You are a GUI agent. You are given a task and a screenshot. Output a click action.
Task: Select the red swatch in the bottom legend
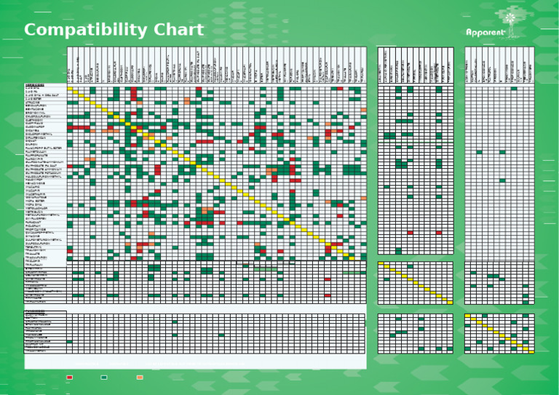point(70,378)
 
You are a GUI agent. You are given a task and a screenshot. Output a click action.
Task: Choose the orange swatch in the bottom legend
point(140,378)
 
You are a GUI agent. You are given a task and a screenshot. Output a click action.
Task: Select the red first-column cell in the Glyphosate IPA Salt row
point(70,166)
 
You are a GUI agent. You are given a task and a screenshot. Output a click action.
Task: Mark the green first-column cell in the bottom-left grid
point(70,341)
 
